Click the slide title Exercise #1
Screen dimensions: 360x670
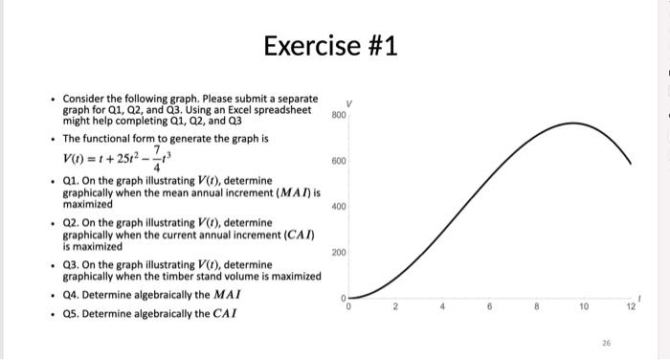pyautogui.click(x=334, y=45)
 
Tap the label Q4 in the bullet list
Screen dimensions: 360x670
pyautogui.click(x=72, y=294)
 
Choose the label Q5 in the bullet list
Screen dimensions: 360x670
pyautogui.click(x=72, y=313)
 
